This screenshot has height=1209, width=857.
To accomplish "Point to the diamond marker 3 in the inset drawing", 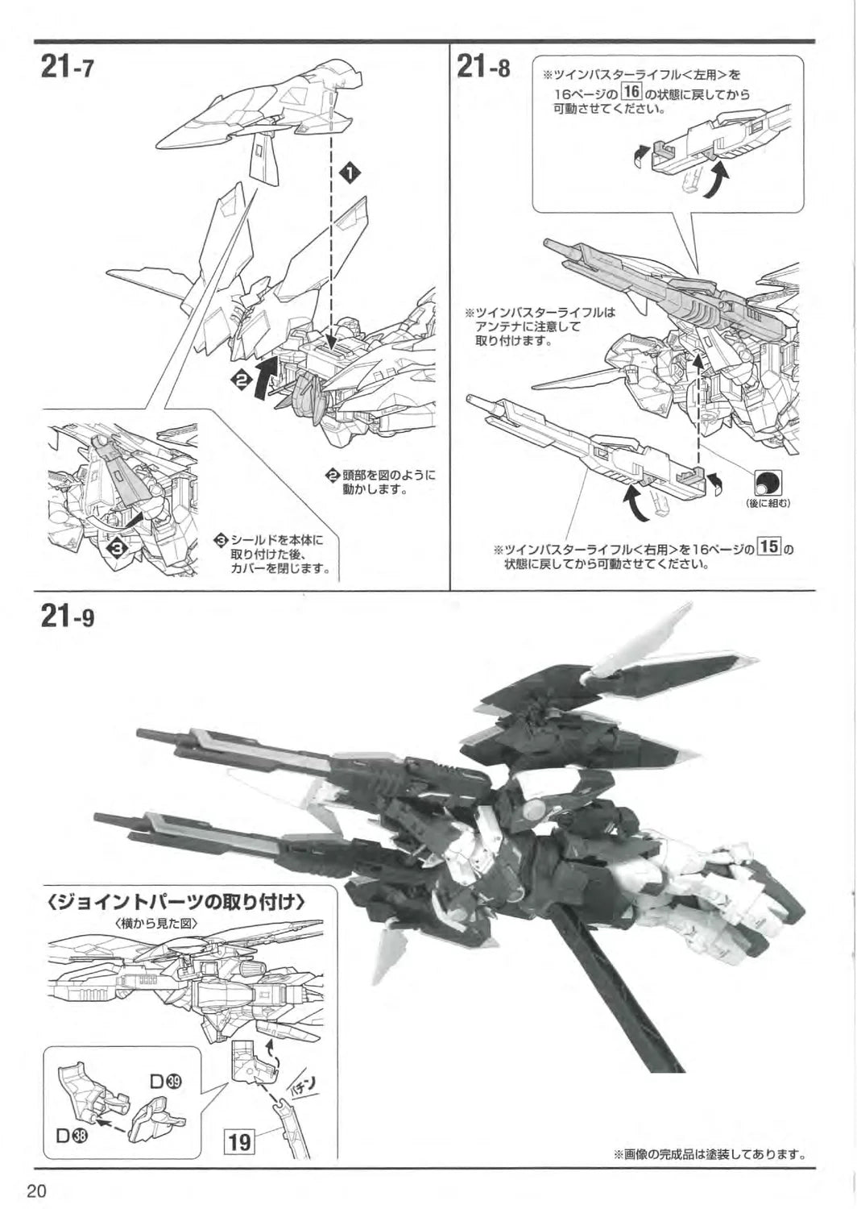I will click(x=118, y=547).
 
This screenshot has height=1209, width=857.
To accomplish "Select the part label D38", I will click(x=72, y=1136).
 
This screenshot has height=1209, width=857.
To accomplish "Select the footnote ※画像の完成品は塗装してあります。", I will click(x=709, y=1153).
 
